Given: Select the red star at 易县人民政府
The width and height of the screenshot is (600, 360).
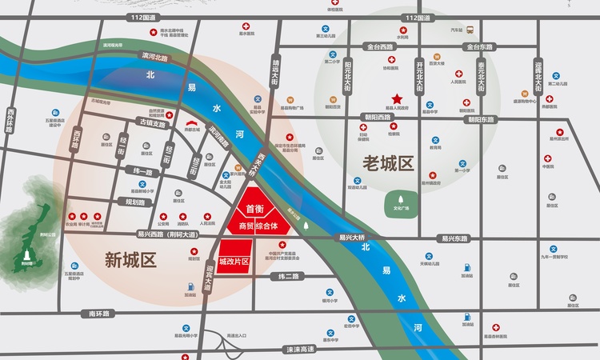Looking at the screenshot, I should coord(397,98).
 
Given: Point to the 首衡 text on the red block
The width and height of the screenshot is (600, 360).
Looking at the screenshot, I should coord(255,210).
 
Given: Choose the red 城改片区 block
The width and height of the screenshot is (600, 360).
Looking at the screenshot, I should coord(234,262).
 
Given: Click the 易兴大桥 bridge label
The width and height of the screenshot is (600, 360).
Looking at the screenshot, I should coord(351,238).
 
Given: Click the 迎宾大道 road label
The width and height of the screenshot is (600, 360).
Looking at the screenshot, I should coord(211,278).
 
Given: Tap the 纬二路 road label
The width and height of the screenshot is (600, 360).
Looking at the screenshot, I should coord(287,276).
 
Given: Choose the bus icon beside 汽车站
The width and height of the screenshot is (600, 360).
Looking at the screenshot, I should coord(470,30).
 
